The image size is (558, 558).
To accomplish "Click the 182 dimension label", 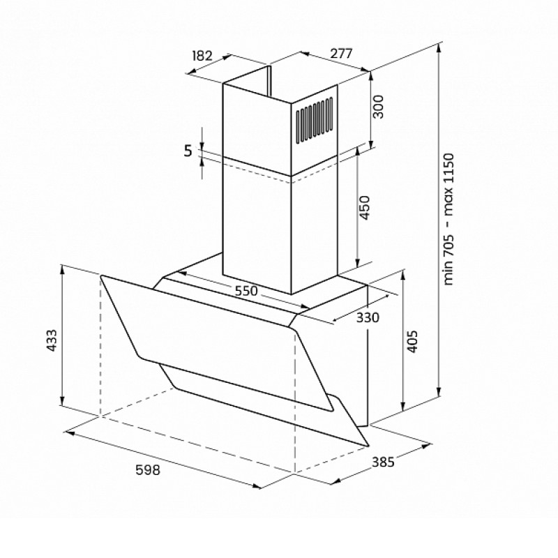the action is pos(202,56).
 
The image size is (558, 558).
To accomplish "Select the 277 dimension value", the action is pos(341,53).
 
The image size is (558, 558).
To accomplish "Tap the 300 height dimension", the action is pos(378,107).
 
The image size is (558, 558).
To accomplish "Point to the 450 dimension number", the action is pos(364,207).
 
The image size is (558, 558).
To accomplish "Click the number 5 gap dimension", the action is pos(188,151).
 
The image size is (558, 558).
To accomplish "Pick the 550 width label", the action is pos(246,291).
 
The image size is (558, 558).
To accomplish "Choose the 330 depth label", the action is pos(368,317).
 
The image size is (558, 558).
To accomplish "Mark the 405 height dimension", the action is pos(412,341).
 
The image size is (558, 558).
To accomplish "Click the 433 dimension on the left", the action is pos(52,340).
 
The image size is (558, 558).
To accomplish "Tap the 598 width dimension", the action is pos(148,470).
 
